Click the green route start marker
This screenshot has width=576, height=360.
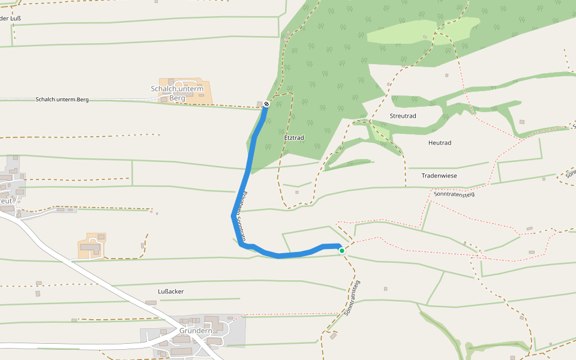point(342,250)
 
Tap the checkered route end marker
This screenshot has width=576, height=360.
point(266,104)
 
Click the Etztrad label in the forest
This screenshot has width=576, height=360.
point(294,138)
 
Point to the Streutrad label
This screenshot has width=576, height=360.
point(403,116)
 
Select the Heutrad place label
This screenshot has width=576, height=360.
point(440,143)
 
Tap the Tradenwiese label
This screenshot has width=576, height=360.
point(439,176)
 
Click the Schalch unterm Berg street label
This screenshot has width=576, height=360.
point(62,100)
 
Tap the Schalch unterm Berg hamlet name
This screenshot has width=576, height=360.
point(177,93)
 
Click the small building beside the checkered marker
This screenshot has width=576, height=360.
point(259,103)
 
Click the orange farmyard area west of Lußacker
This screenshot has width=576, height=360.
point(92,246)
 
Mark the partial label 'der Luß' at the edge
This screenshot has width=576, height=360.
point(10,19)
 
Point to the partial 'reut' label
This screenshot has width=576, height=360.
point(6,201)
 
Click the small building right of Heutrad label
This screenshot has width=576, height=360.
point(521,122)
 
